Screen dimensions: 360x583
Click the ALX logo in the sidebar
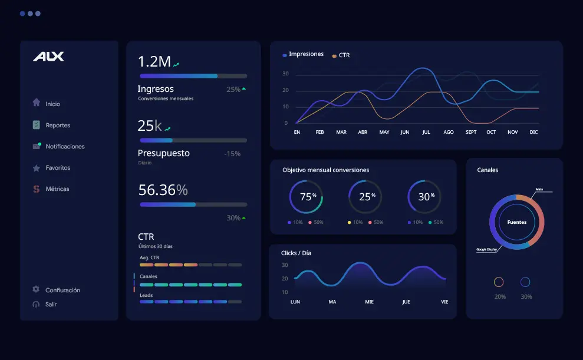[48, 57]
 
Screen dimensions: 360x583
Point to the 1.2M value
[154, 61]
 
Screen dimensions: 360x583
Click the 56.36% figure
[163, 190]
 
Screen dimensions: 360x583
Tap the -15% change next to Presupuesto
[232, 153]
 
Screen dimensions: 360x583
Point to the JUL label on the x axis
[426, 132]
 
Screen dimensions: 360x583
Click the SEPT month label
[470, 132]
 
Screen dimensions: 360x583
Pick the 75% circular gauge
[306, 197]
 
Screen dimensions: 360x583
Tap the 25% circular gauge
[365, 197]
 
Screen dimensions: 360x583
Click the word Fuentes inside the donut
[517, 222]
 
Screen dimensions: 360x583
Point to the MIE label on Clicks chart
[369, 302]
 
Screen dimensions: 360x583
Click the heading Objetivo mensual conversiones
[325, 170]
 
